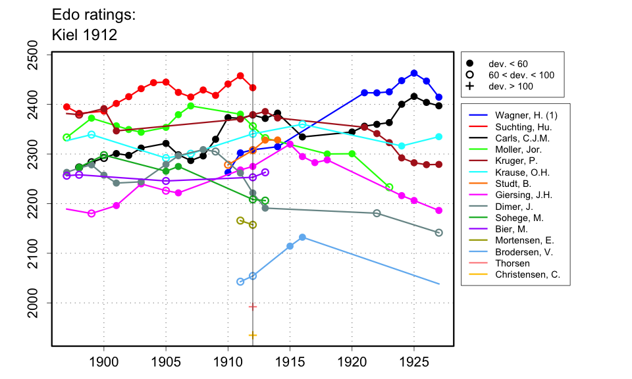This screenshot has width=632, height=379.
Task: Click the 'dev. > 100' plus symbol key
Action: click(469, 86)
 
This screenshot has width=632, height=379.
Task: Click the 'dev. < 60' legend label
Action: click(508, 64)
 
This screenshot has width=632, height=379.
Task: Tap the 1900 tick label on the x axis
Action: click(103, 361)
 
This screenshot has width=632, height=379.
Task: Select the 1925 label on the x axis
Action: click(414, 361)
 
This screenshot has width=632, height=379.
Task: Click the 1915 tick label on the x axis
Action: click(290, 361)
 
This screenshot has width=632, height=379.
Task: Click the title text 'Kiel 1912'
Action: click(84, 35)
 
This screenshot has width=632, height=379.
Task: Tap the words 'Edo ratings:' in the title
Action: click(93, 14)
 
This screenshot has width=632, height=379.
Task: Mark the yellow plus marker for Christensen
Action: click(253, 336)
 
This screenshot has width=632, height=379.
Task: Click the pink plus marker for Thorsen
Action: click(253, 307)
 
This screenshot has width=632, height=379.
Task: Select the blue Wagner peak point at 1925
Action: click(414, 73)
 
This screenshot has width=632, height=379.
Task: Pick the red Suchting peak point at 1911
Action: click(240, 76)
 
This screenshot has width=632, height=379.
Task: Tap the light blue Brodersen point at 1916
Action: click(302, 237)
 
